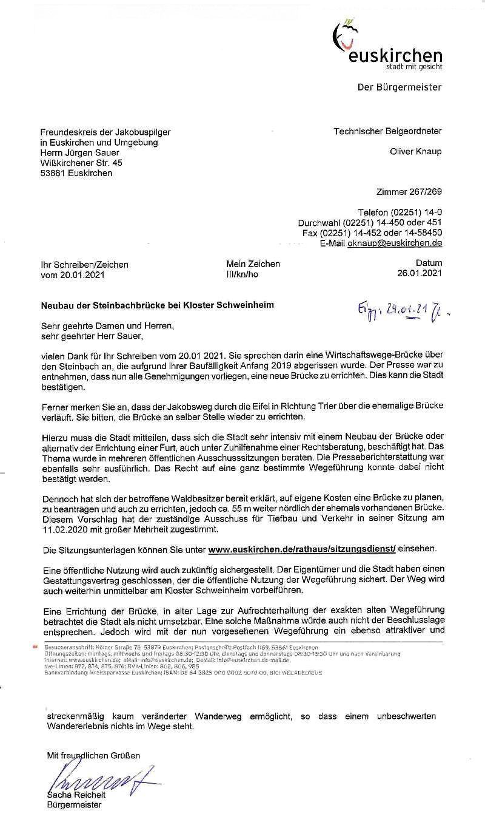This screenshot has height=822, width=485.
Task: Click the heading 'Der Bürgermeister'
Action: click(x=400, y=87)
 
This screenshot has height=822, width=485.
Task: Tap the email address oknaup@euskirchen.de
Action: click(x=394, y=243)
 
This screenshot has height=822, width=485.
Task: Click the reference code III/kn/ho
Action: click(x=242, y=274)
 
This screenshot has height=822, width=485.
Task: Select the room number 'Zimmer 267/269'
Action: click(x=409, y=192)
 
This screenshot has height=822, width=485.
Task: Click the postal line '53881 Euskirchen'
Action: click(x=76, y=173)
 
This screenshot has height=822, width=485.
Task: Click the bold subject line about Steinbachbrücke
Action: click(x=156, y=305)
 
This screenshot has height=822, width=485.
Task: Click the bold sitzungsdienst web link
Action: click(x=301, y=549)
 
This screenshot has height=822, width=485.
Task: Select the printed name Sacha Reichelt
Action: click(x=76, y=795)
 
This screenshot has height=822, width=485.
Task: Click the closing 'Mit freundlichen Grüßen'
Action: click(x=93, y=755)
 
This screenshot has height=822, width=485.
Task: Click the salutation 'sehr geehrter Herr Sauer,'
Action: click(x=93, y=335)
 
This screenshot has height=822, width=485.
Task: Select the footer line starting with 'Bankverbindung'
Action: click(x=182, y=673)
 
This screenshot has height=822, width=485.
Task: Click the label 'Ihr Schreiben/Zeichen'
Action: click(x=84, y=265)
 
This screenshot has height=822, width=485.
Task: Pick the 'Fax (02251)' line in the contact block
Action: click(x=372, y=233)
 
